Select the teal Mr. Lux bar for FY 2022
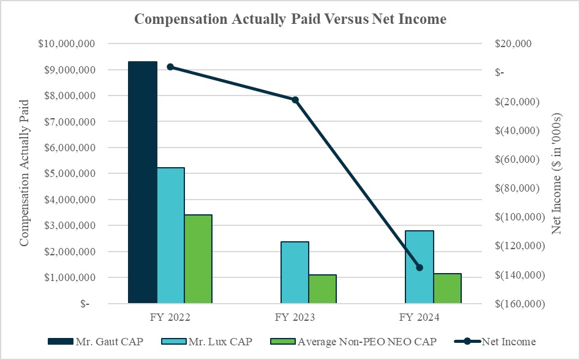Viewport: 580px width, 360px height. pos(170,235)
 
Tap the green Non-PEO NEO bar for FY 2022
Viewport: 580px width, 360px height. pos(198,259)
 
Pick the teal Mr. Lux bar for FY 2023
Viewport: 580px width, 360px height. pos(295,272)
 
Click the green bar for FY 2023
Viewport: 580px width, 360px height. pos(322,289)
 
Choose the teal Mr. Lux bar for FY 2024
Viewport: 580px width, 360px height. pos(420,267)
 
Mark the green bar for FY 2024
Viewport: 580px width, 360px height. pos(447,288)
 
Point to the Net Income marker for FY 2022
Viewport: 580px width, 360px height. pos(170,67)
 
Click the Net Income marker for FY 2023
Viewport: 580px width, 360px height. pos(295,100)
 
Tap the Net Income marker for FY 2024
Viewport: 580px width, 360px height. pos(420,268)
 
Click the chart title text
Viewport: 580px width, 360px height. pos(290,19)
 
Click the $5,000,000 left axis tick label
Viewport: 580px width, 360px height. pos(66,174)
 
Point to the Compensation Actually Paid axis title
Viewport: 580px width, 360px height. pos(24,174)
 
